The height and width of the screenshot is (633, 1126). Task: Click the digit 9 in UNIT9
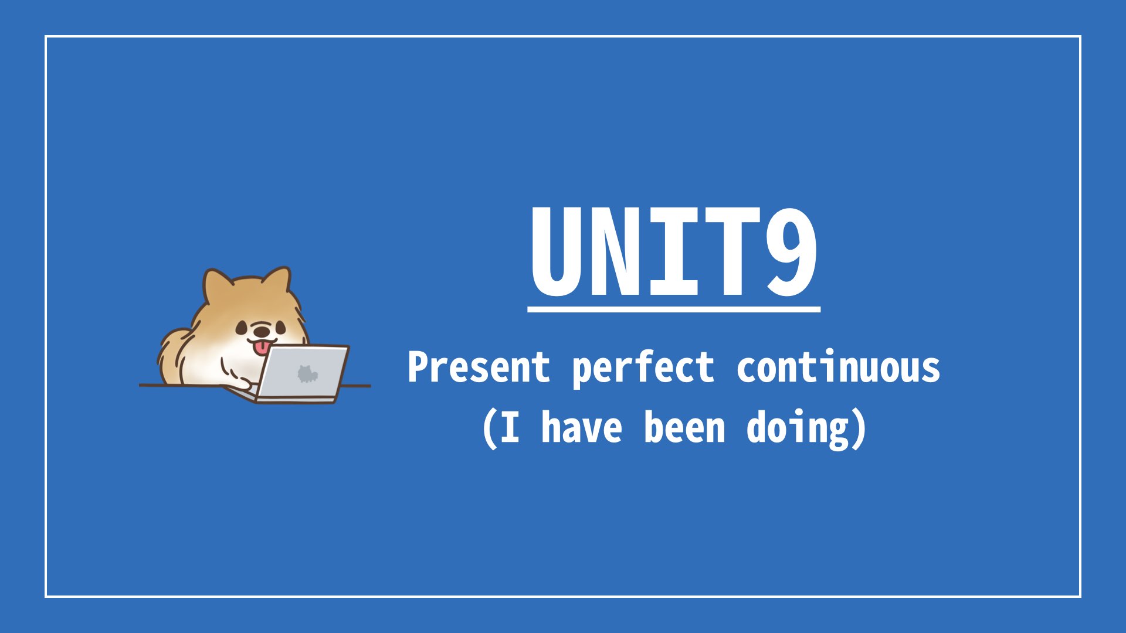pos(791,252)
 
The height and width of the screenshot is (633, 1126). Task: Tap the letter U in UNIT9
pos(558,252)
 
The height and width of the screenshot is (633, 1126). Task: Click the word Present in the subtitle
pos(479,367)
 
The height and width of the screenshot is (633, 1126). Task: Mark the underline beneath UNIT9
pos(674,308)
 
